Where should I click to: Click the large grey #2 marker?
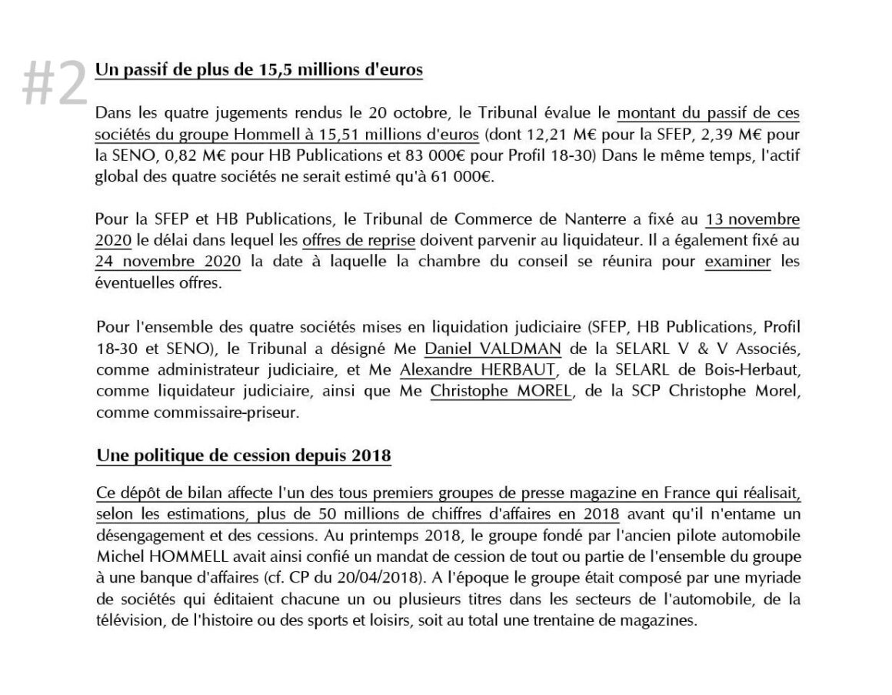(x=54, y=83)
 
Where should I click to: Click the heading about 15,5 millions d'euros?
(x=258, y=69)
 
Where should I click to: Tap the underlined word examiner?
(x=738, y=261)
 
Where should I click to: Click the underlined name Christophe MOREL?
(x=501, y=392)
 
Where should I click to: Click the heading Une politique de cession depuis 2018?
(x=243, y=456)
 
